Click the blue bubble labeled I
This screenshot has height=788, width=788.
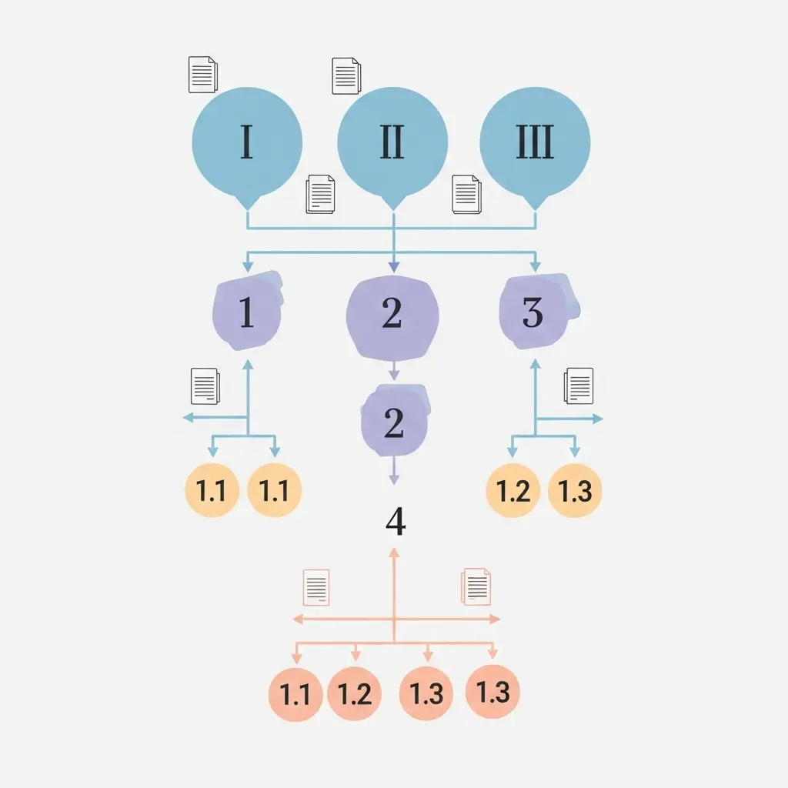[x=246, y=145]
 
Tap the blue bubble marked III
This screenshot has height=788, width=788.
[x=535, y=145]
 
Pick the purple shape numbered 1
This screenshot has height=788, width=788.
[x=246, y=312]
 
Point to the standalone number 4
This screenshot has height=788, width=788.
[x=395, y=523]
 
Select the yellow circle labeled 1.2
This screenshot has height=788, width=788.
[x=513, y=491]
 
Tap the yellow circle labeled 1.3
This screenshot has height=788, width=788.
[x=575, y=491]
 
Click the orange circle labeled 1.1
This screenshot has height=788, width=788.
[x=295, y=695]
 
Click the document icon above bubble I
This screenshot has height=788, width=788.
[x=203, y=75]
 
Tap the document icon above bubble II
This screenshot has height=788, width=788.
[x=346, y=75]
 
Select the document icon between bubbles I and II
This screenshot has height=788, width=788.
[x=321, y=194]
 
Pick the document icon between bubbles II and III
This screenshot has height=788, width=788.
[x=466, y=194]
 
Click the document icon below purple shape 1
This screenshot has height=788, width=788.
[x=205, y=386]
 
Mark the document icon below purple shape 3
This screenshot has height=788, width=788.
[x=579, y=386]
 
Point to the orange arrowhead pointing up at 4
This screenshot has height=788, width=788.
[x=394, y=553]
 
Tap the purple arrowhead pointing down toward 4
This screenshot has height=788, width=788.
[x=394, y=479]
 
